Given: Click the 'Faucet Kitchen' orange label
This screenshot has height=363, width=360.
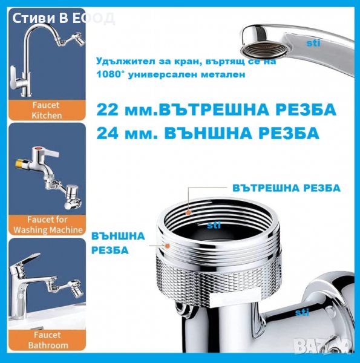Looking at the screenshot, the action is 47,110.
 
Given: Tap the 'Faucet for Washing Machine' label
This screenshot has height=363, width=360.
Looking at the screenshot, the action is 47,225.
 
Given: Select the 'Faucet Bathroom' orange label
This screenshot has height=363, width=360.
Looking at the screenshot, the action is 47,340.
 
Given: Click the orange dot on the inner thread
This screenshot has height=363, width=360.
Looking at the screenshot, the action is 189,212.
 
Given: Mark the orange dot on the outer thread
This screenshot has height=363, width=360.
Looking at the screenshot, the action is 167,246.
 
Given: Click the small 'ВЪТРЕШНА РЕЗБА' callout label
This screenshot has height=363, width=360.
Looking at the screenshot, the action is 286,188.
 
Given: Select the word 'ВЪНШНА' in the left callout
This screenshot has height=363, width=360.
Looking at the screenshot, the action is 118,236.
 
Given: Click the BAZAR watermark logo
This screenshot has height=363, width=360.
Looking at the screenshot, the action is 322,346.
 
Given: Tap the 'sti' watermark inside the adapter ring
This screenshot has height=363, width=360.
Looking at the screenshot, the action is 214,225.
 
